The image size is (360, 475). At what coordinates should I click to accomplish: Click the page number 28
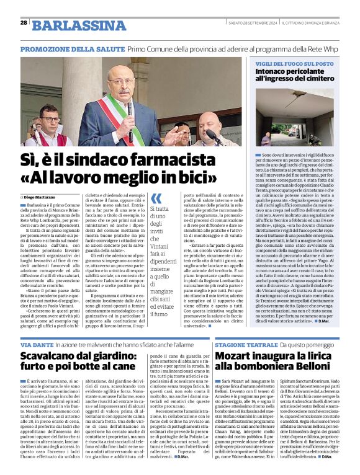click(x=24, y=23)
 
